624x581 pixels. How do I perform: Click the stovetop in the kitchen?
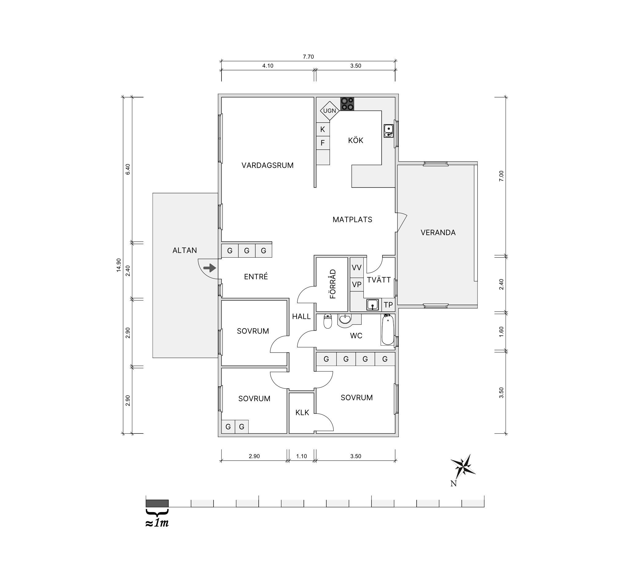click(x=347, y=104)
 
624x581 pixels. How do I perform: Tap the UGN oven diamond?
click(x=330, y=111)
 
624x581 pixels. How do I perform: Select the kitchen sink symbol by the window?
click(x=389, y=131)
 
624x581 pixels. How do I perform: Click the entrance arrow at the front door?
click(x=210, y=268)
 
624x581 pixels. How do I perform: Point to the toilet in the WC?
click(x=328, y=321)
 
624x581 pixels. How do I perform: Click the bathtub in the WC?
click(x=388, y=330)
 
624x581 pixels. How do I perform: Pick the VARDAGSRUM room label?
click(x=267, y=165)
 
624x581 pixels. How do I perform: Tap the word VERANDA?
click(x=438, y=232)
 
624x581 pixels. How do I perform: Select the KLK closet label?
click(x=302, y=412)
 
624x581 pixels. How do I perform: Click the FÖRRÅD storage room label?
click(x=333, y=284)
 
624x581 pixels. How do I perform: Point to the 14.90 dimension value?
click(x=119, y=265)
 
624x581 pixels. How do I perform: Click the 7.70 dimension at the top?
click(x=308, y=57)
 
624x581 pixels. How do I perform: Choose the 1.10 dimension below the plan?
click(x=301, y=456)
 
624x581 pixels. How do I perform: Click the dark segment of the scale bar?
click(x=157, y=503)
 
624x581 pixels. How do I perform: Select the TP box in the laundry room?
click(x=388, y=305)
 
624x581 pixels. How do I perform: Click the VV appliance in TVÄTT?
click(x=357, y=267)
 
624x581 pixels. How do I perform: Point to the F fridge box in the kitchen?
click(x=323, y=143)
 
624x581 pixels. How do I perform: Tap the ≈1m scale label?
click(x=157, y=523)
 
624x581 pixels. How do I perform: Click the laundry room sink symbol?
click(x=373, y=305)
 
